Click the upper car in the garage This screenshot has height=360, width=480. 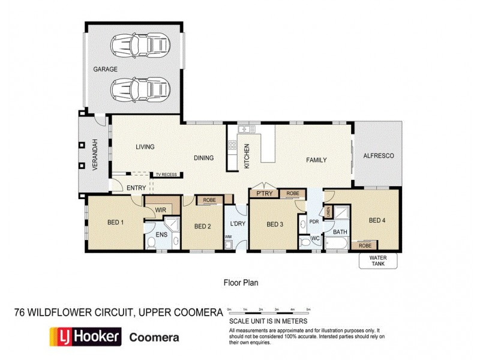[140, 45]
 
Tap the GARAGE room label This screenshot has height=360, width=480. [105, 69]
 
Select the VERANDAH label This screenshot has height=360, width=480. [94, 155]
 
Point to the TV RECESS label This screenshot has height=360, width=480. [166, 175]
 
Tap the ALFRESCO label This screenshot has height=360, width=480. [378, 156]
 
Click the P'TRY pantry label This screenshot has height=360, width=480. [264, 194]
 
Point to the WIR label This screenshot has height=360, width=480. [160, 210]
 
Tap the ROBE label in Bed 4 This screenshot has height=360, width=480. [364, 245]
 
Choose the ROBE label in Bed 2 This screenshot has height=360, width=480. [209, 200]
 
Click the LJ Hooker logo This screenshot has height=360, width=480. [85, 337]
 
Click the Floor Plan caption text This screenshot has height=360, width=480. [241, 281]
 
